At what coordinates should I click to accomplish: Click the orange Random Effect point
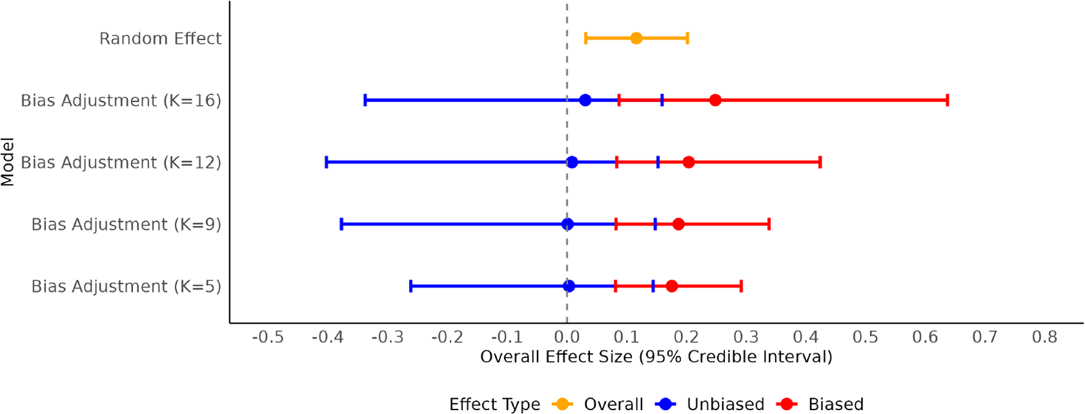coord(636,38)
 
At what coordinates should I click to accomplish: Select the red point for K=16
coord(715,100)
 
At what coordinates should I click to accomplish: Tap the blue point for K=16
coord(585,100)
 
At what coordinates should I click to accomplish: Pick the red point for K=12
coord(688,162)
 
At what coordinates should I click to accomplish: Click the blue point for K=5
coord(569,286)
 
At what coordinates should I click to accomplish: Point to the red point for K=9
coord(678,224)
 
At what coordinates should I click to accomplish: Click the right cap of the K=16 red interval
coord(947,100)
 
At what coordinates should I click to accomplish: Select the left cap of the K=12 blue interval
coord(327,162)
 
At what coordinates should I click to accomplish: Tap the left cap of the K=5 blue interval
coord(411,286)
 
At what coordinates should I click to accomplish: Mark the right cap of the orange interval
coord(687,38)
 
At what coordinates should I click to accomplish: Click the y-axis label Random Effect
coord(160,39)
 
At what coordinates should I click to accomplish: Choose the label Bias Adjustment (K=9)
coord(126,225)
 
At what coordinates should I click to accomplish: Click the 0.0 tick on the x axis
coord(567,337)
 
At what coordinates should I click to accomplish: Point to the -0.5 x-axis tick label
coord(268,337)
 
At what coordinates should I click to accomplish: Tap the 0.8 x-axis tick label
coord(1044,337)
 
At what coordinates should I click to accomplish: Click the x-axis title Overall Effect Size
coord(656,357)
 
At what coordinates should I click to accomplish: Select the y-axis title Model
coord(8,161)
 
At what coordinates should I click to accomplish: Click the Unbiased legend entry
coord(725,404)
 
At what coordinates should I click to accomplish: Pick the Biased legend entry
coord(835,404)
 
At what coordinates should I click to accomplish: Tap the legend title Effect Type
coord(494,404)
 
